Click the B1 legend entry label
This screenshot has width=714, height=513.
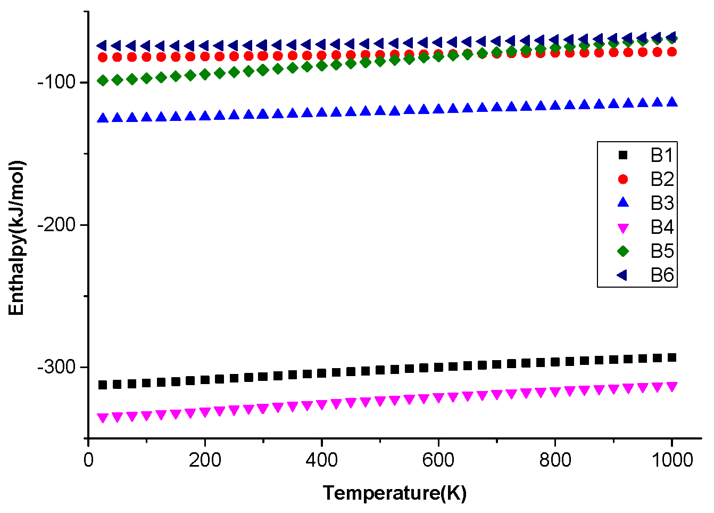click(x=662, y=155)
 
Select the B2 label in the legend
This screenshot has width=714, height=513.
click(x=662, y=179)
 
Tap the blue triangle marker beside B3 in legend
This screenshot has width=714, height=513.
click(x=623, y=203)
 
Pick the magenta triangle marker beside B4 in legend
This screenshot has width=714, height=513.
click(x=623, y=228)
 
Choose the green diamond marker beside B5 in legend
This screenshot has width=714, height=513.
click(x=623, y=251)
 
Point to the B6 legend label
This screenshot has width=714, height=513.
click(x=662, y=275)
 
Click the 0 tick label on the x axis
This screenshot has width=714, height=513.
click(x=88, y=460)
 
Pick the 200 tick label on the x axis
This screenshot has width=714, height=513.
click(x=205, y=460)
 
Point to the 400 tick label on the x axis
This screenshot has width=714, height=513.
click(x=321, y=460)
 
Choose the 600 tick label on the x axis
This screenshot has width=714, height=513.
click(x=438, y=460)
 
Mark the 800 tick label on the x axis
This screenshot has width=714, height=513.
click(x=555, y=460)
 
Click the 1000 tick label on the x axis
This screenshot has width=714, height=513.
click(x=672, y=460)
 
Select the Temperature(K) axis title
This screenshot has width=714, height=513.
click(x=394, y=493)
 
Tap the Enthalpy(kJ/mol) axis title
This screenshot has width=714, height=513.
click(x=17, y=237)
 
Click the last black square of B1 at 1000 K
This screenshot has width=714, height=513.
click(x=672, y=357)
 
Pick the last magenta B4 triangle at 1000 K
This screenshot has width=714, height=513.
click(x=672, y=387)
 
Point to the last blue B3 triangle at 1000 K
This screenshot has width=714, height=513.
click(x=672, y=102)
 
